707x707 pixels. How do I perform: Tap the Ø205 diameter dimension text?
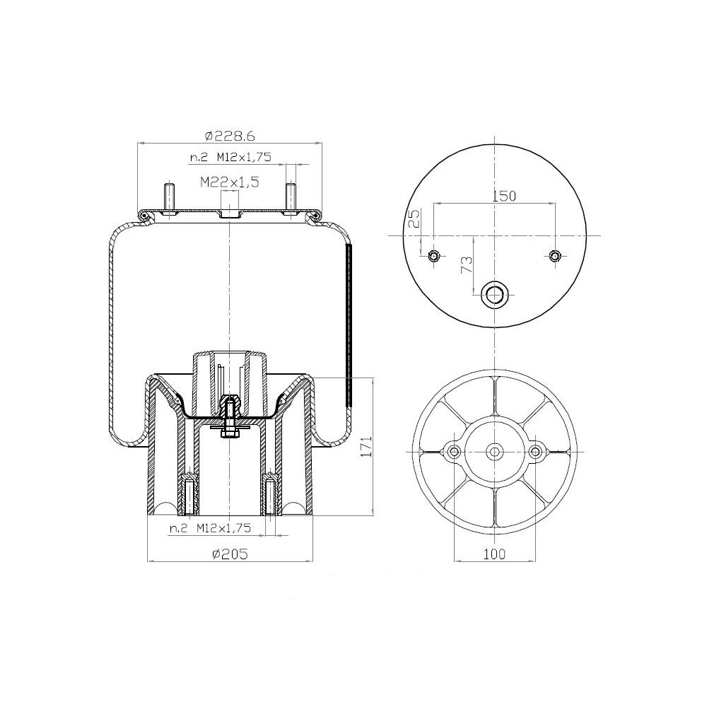(x=230, y=554)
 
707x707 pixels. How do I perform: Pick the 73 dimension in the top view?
(x=467, y=265)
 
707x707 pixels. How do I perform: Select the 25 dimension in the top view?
(x=415, y=218)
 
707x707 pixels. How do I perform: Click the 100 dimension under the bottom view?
(x=495, y=554)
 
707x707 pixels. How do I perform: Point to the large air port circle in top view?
(x=494, y=293)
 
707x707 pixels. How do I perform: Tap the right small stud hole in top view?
(x=555, y=255)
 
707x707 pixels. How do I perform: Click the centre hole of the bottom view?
(x=494, y=451)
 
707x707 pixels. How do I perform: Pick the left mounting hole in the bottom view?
(x=453, y=451)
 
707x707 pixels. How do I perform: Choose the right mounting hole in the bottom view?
(x=536, y=451)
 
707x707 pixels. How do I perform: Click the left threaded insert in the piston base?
(x=189, y=495)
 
